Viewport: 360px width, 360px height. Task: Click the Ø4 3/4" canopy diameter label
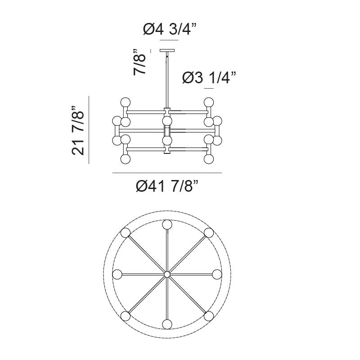coord(170,30)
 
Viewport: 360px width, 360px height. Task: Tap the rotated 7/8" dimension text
coord(139,62)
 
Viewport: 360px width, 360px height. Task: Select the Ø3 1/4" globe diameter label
coord(209,78)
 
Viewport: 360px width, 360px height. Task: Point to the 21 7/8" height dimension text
coord(78,130)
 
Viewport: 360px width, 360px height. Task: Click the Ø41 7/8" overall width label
coord(167,186)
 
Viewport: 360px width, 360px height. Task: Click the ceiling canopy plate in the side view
coord(167,50)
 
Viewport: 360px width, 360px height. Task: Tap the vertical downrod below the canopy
coord(167,80)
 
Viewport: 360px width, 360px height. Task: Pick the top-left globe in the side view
coord(126,102)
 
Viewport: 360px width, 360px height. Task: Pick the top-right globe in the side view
coord(209,102)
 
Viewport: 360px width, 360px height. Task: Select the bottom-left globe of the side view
coord(126,159)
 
